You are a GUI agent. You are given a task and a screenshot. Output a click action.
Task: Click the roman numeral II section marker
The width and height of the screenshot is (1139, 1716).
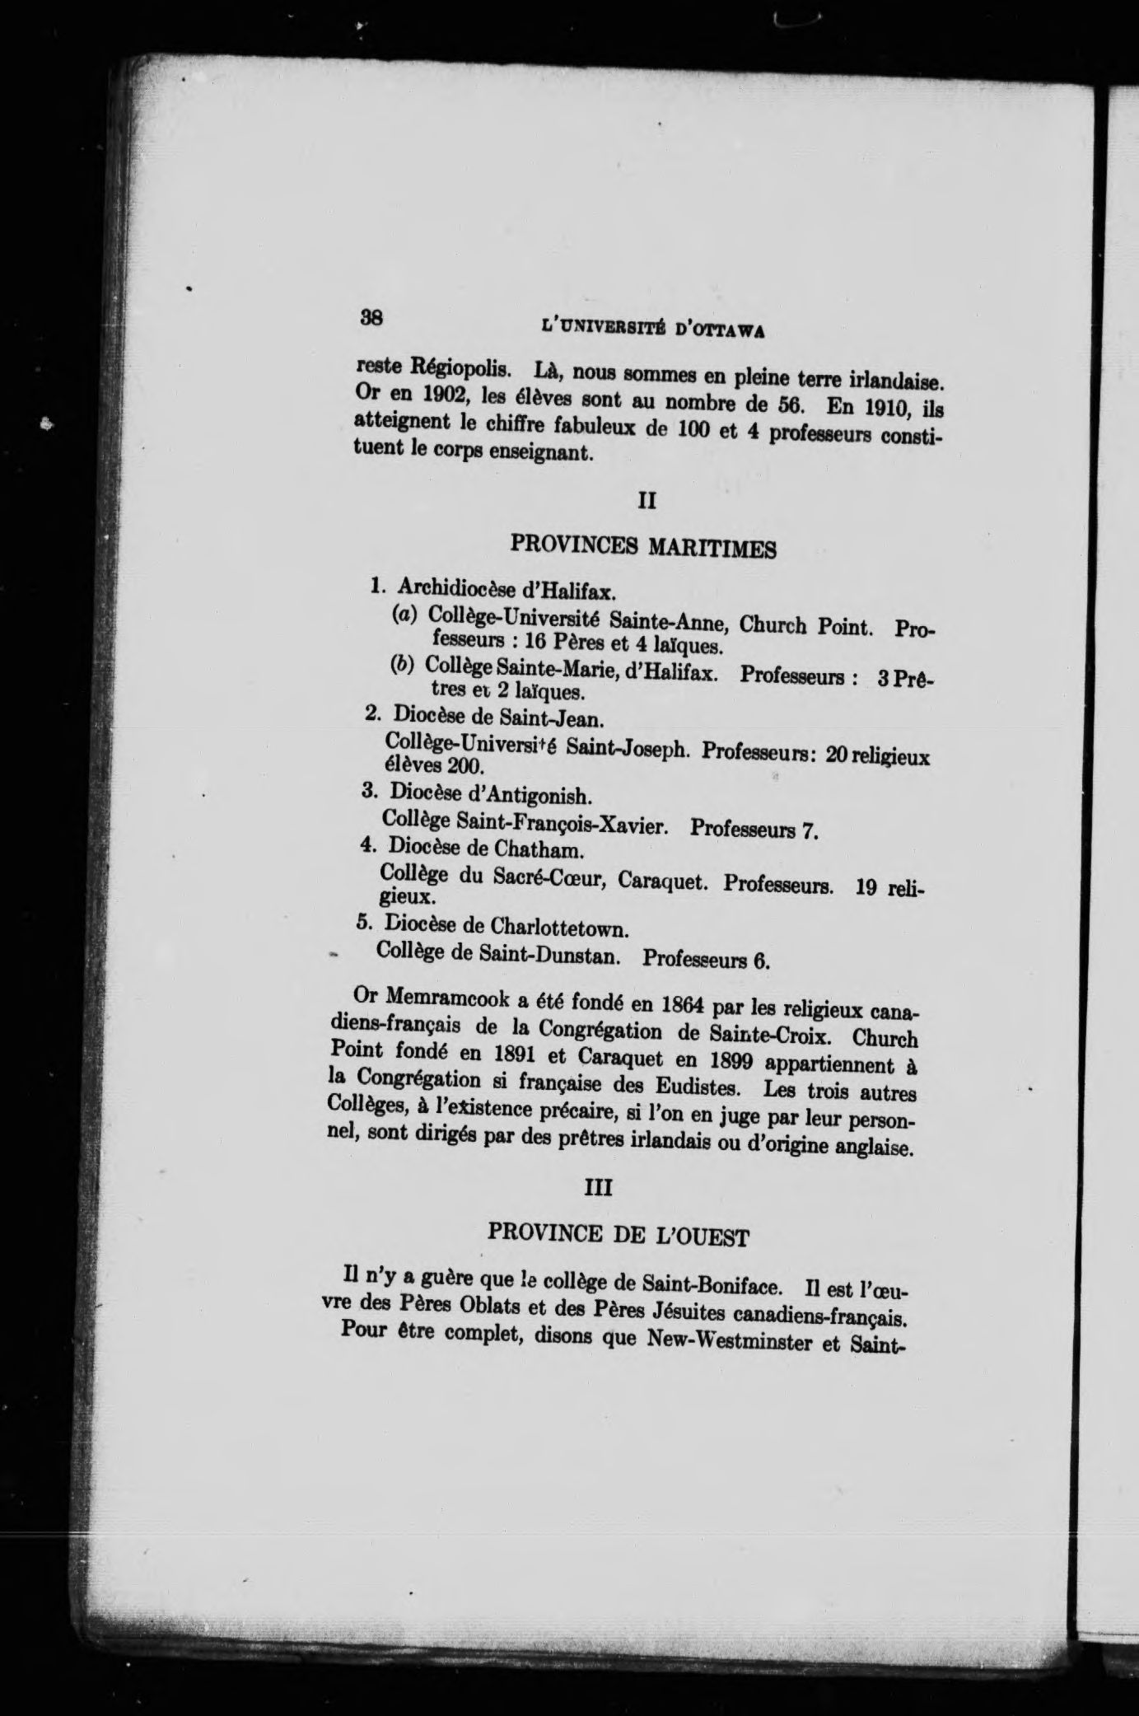646,499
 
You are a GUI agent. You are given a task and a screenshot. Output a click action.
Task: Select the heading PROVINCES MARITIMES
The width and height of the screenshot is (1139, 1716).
643,546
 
